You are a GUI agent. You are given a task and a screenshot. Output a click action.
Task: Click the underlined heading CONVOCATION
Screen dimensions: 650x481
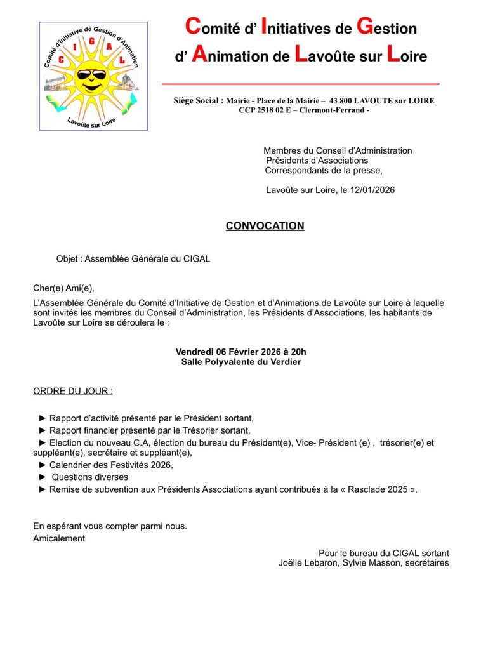[265, 226]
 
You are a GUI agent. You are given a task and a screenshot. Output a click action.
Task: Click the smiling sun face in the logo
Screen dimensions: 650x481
[93, 78]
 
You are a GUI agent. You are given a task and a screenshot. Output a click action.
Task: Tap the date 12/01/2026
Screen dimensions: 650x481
[372, 190]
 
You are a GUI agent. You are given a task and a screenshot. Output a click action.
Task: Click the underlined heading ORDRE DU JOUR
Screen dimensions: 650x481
[73, 391]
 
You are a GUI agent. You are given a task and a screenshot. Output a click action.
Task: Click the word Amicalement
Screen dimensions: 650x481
[59, 538]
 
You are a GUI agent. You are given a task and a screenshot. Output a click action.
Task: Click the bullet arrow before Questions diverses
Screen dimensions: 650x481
[43, 477]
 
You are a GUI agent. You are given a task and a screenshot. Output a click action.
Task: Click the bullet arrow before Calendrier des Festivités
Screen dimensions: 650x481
[43, 465]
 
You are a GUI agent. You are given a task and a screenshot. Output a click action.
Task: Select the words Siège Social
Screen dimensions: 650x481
[198, 101]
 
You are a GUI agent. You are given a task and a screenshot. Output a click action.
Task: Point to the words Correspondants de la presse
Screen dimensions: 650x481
[324, 170]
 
